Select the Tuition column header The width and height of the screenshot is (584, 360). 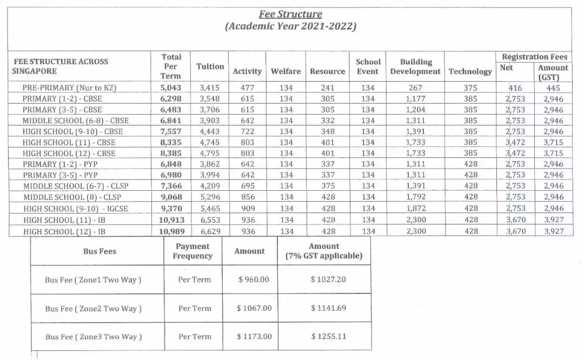(x=210, y=66)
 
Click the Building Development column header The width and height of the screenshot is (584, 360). (x=415, y=66)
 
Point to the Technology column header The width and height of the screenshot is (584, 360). (x=470, y=71)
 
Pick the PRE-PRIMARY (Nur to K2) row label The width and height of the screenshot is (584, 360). (x=69, y=87)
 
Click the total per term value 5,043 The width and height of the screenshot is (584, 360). (x=171, y=87)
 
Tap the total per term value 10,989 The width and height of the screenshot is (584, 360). (x=171, y=231)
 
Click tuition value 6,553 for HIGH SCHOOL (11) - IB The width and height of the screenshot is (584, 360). (x=210, y=220)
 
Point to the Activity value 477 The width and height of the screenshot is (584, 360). (x=247, y=87)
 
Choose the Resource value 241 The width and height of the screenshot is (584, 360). (x=327, y=87)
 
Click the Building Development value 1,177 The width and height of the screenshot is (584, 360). (x=415, y=98)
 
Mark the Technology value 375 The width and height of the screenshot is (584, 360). (x=470, y=87)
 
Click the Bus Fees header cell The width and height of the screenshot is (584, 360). (x=99, y=251)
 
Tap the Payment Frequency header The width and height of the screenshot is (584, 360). (x=193, y=251)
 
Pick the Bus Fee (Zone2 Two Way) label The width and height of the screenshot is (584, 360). (x=93, y=309)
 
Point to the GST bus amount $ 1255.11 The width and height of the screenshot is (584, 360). (x=328, y=336)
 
